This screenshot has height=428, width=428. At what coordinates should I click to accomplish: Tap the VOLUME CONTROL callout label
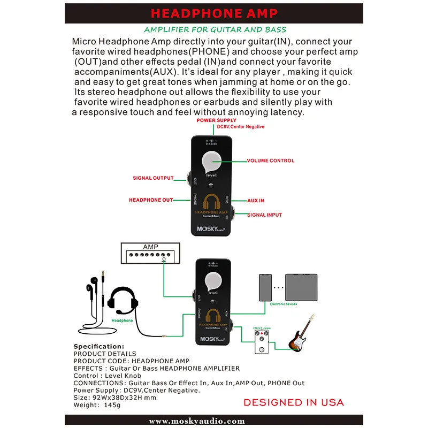coord(270,160)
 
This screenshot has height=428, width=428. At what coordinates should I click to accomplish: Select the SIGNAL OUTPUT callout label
coord(153,178)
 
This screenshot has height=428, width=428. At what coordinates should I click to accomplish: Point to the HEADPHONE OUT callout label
coord(151,200)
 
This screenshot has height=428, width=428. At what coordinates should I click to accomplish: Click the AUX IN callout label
coord(256,201)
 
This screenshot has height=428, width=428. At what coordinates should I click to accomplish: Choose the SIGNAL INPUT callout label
coord(264,215)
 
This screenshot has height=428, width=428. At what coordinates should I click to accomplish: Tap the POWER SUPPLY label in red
coord(216,121)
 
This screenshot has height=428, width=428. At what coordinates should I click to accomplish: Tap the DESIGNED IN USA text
coord(294,402)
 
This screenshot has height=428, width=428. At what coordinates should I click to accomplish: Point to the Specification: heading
coord(98,347)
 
